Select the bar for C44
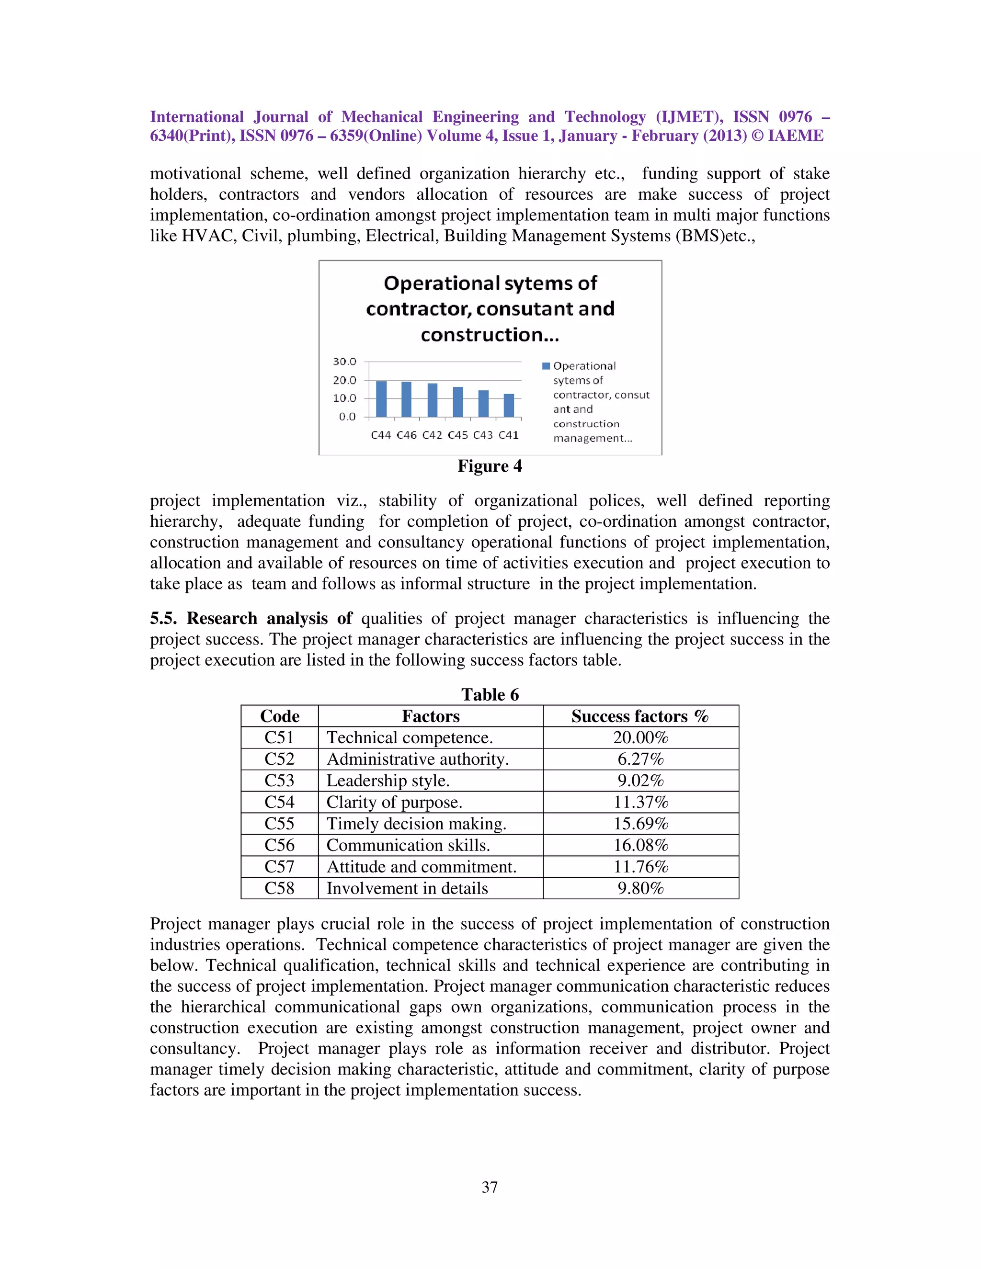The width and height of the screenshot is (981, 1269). pyautogui.click(x=381, y=399)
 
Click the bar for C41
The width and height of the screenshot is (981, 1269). pyautogui.click(x=509, y=406)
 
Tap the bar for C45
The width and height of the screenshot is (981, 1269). pyautogui.click(x=458, y=402)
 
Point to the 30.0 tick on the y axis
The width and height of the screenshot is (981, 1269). pyautogui.click(x=344, y=362)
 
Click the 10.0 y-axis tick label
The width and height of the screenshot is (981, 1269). pyautogui.click(x=344, y=398)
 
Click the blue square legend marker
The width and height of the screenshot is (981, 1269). pyautogui.click(x=546, y=366)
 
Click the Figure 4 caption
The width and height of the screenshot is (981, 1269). pyautogui.click(x=490, y=466)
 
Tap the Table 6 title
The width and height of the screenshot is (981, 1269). pyautogui.click(x=490, y=694)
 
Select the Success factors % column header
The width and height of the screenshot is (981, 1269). pyautogui.click(x=640, y=716)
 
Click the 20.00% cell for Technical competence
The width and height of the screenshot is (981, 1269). pyautogui.click(x=640, y=737)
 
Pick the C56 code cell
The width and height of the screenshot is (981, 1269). pyautogui.click(x=280, y=845)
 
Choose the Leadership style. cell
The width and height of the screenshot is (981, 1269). pyautogui.click(x=388, y=781)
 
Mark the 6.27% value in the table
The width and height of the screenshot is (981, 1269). pyautogui.click(x=640, y=759)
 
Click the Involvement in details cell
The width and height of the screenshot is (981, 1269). pyautogui.click(x=407, y=888)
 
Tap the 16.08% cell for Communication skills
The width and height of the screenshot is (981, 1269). pyautogui.click(x=640, y=845)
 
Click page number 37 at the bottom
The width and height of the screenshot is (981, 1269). pyautogui.click(x=490, y=1187)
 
